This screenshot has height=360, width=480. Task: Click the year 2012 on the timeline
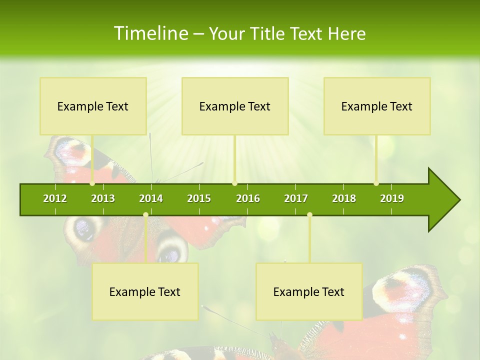[55, 198]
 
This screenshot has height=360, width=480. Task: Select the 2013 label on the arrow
[103, 198]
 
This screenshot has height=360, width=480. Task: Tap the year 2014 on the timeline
[151, 198]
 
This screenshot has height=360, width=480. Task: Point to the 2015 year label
[199, 198]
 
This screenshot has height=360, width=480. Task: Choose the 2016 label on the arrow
[248, 198]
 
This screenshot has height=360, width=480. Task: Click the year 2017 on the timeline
[296, 198]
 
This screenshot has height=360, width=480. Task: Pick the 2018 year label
[344, 198]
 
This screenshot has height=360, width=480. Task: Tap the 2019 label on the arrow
[392, 198]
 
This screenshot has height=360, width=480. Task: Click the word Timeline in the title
[150, 33]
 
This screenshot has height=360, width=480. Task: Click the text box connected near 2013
[93, 106]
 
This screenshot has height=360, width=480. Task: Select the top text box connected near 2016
[235, 106]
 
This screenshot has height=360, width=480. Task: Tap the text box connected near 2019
[377, 106]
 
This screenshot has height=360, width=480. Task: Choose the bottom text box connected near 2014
[145, 291]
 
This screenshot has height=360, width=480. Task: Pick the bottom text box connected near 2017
[309, 291]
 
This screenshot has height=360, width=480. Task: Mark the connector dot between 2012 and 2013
[92, 183]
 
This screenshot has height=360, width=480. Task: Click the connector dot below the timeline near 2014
[145, 215]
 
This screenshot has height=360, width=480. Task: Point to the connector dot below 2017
[309, 215]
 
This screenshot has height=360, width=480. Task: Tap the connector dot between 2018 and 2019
[376, 183]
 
